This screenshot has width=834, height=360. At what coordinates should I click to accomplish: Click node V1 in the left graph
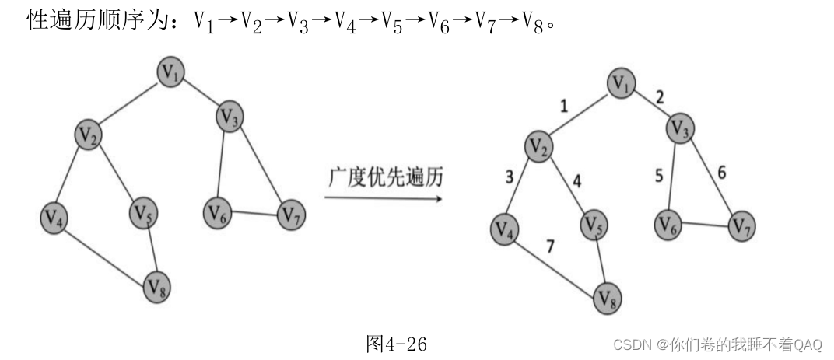coord(172,72)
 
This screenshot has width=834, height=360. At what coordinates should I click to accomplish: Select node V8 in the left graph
coord(156,288)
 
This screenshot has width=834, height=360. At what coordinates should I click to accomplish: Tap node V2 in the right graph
coord(536,145)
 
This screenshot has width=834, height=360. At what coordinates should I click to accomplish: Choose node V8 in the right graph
coord(609,297)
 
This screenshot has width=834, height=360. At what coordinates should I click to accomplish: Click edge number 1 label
coord(564,105)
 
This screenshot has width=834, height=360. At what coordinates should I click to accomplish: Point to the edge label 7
coord(551,247)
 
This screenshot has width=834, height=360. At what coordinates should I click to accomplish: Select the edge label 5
coord(658,176)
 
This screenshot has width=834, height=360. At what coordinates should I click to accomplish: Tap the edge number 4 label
coord(576,181)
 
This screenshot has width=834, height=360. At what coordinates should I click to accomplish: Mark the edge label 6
coord(722,173)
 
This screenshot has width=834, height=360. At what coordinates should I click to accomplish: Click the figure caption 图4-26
coord(397,344)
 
